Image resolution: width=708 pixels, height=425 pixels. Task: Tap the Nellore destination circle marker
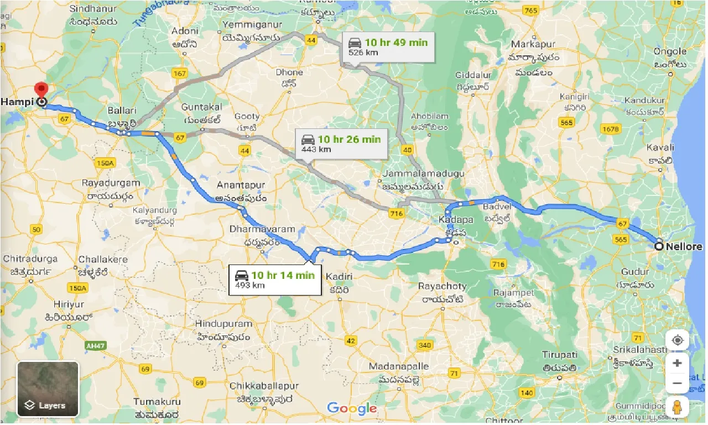click(x=659, y=246)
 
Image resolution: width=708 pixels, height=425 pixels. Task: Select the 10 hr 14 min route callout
click(x=274, y=279)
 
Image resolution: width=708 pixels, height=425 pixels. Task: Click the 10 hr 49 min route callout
click(x=388, y=47)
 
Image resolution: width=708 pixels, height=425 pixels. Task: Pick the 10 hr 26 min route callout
click(x=341, y=143)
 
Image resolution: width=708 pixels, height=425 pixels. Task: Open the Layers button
click(x=48, y=389)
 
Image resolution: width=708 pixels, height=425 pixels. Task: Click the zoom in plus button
click(x=677, y=363)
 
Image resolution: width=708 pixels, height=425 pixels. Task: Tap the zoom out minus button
click(x=677, y=383)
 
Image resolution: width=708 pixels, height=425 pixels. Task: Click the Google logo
click(x=352, y=409)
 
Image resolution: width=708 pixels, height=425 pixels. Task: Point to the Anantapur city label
click(x=241, y=185)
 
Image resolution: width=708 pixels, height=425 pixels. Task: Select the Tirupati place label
click(x=559, y=354)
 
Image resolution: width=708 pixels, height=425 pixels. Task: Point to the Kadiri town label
click(x=340, y=276)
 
